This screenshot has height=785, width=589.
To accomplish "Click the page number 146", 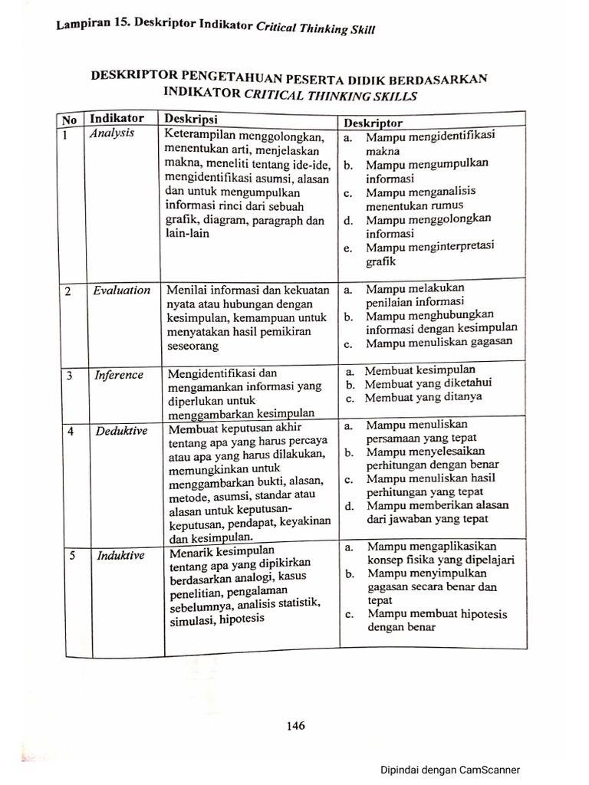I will coord(295,725).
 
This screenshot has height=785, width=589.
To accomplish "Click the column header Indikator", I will coord(117,119).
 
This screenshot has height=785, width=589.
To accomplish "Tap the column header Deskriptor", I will coord(373,123).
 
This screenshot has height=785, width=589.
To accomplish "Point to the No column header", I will coord(69,120).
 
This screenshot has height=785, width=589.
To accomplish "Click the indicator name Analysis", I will coord(112,133).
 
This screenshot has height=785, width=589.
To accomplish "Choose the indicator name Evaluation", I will coord(122,291).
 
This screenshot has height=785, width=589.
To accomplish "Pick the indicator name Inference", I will coord(119,375).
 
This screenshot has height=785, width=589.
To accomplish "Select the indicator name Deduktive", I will coord(121,431).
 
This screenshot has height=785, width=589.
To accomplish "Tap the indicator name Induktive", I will coord(120,555).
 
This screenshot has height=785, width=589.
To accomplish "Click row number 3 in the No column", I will coord(70,375).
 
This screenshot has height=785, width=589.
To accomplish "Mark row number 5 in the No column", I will coord(71,556).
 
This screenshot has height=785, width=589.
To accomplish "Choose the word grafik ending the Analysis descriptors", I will coord(380,261).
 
